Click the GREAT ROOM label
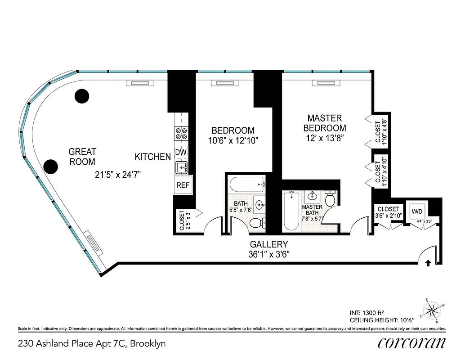tap(82, 157)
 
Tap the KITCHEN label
tap(152, 157)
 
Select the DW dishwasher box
tap(181, 153)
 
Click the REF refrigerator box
tap(182, 185)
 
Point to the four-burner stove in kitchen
tap(181, 134)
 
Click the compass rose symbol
tap(433, 309)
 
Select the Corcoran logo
tap(411, 342)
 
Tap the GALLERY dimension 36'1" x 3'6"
tap(269, 254)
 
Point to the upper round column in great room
tap(81, 95)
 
